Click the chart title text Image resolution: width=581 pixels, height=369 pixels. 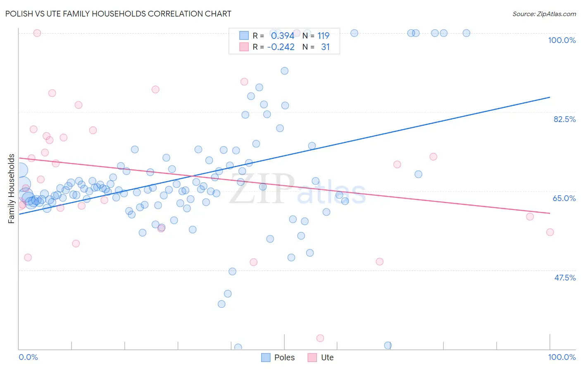click(x=118, y=14)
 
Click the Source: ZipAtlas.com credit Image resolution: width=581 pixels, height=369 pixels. click(x=544, y=14)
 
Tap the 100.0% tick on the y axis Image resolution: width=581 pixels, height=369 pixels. click(x=562, y=40)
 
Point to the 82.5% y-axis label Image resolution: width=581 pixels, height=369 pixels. click(x=564, y=119)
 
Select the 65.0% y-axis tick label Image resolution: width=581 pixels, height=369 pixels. click(x=564, y=198)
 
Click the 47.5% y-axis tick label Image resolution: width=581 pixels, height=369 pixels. click(x=564, y=278)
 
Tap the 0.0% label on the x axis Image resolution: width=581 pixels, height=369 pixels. click(x=28, y=357)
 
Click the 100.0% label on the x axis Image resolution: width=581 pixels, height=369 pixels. click(x=562, y=357)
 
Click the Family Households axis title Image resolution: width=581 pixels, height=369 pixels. click(x=12, y=189)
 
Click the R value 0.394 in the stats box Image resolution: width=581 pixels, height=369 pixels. click(x=283, y=36)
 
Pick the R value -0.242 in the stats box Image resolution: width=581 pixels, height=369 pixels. click(x=281, y=47)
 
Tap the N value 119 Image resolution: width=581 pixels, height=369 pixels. click(x=323, y=36)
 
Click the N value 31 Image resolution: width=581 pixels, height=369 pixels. click(x=325, y=47)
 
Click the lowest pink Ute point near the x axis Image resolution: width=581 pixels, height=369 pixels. click(x=320, y=338)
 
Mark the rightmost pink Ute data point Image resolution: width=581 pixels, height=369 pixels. click(x=550, y=232)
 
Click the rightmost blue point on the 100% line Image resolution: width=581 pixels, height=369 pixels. click(x=466, y=33)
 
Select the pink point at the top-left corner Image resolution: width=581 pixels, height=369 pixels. click(x=37, y=33)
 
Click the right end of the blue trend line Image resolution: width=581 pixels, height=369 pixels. click(x=550, y=97)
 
